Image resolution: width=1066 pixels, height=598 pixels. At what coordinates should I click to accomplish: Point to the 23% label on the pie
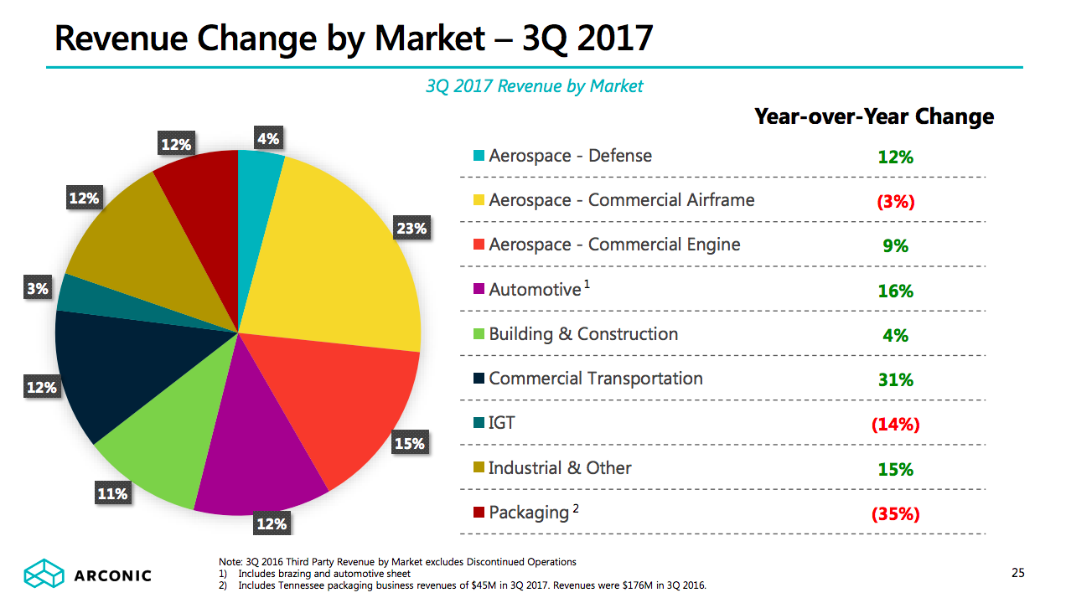pyautogui.click(x=411, y=228)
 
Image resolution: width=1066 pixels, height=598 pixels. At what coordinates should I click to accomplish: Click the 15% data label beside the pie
pyautogui.click(x=409, y=444)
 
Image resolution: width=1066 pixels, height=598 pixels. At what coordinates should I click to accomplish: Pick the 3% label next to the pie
pyautogui.click(x=38, y=289)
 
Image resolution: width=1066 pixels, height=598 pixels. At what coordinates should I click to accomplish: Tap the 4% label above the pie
pyautogui.click(x=268, y=139)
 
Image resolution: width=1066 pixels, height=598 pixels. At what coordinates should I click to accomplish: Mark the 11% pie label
pyautogui.click(x=112, y=494)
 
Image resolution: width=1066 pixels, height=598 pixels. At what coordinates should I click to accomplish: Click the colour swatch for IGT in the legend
pyautogui.click(x=479, y=423)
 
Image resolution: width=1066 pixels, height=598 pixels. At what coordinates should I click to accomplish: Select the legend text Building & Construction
pyautogui.click(x=583, y=334)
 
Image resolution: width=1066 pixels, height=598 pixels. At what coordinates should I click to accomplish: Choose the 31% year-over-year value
pyautogui.click(x=895, y=380)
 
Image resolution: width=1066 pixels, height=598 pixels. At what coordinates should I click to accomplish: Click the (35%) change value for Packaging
pyautogui.click(x=895, y=514)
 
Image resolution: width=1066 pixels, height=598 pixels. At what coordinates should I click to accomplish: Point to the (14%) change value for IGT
pyautogui.click(x=895, y=425)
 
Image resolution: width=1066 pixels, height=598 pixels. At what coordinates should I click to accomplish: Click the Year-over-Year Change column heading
pyautogui.click(x=874, y=116)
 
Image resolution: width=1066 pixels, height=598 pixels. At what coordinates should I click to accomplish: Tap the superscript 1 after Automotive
pyautogui.click(x=587, y=285)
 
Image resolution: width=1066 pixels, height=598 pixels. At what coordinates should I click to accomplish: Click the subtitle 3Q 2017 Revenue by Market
pyautogui.click(x=535, y=85)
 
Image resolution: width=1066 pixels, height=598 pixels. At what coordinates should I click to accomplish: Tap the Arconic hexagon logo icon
pyautogui.click(x=44, y=574)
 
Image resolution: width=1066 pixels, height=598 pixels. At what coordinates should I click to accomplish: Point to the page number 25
pyautogui.click(x=1017, y=574)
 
